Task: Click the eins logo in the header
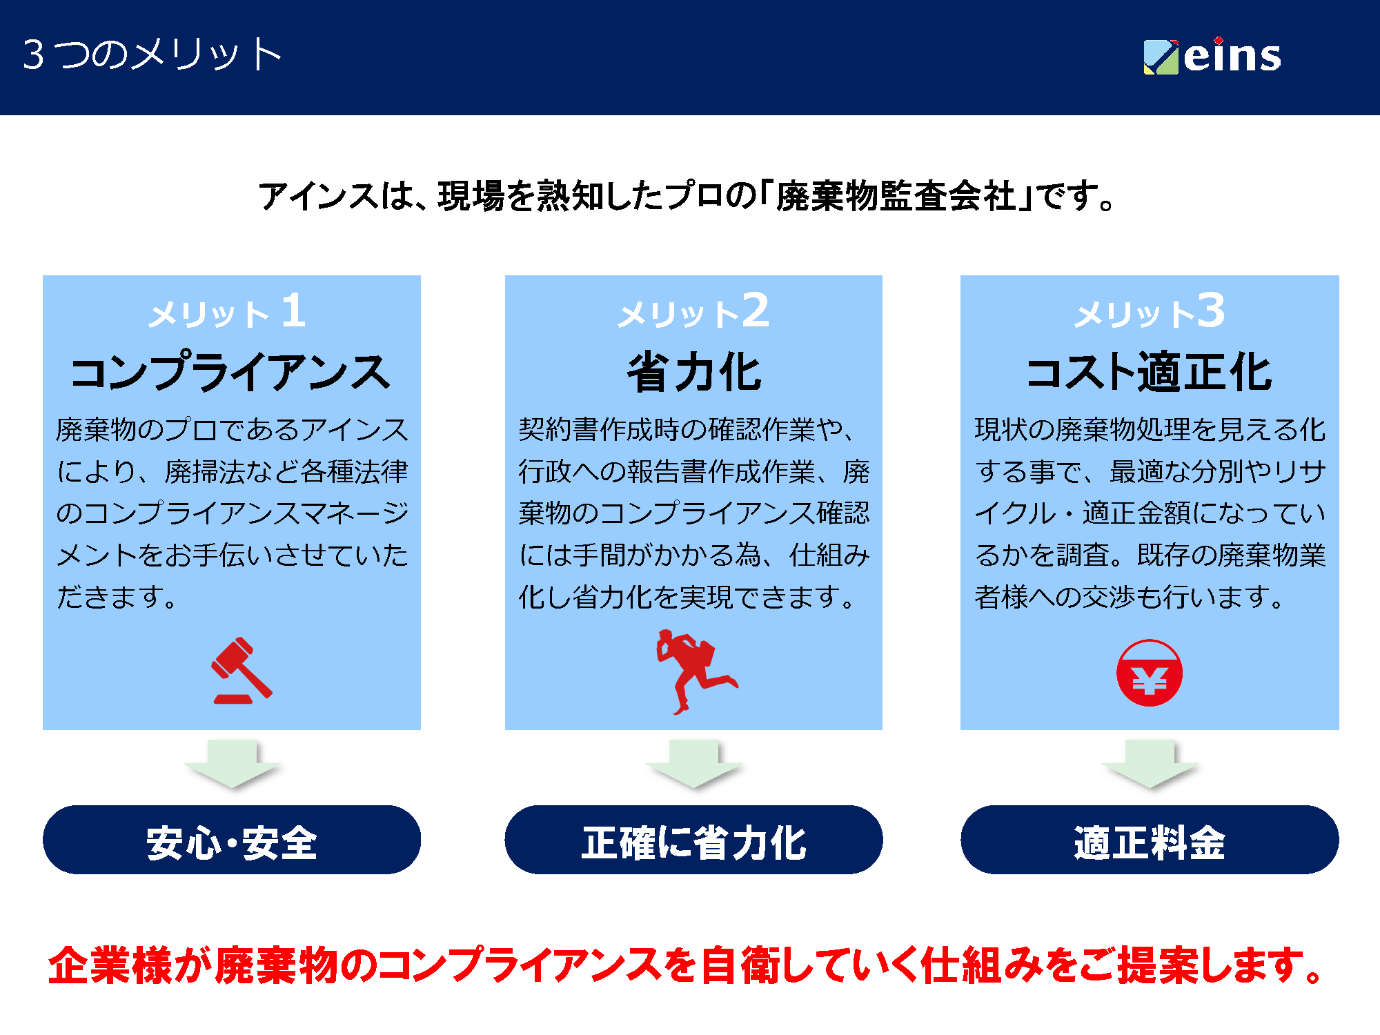click(1212, 56)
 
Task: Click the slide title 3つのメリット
click(152, 55)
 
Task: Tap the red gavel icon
click(241, 671)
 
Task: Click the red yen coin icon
click(1150, 673)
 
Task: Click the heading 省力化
click(694, 372)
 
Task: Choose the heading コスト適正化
click(1149, 372)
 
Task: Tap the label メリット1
click(227, 311)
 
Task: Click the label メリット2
click(693, 311)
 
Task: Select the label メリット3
click(1150, 311)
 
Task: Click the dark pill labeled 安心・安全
click(232, 840)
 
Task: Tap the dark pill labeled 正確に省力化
click(693, 840)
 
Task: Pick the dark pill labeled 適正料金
click(1150, 840)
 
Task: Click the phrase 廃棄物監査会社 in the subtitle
click(896, 197)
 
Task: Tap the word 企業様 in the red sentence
click(110, 965)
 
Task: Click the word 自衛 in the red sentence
click(740, 965)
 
